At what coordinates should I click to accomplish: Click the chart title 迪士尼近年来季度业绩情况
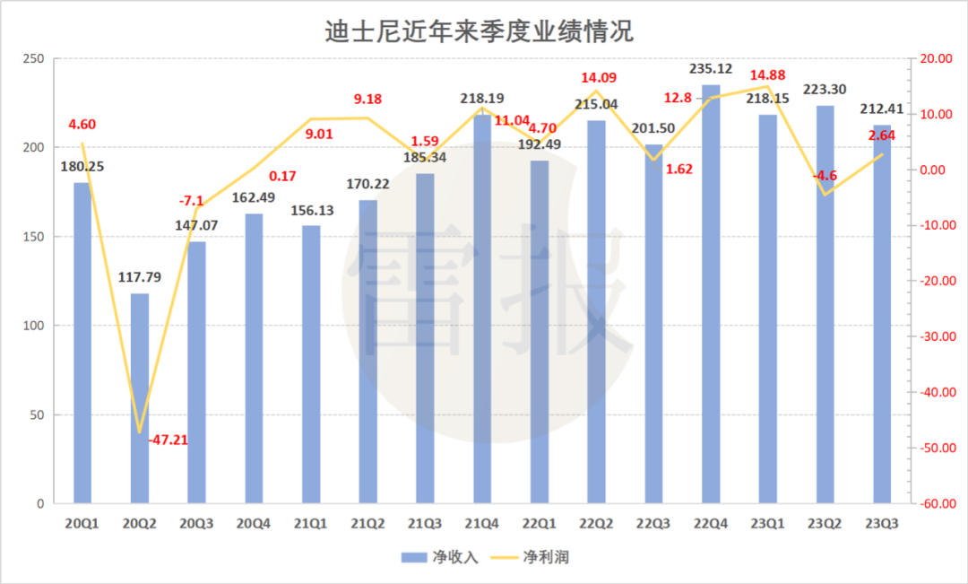(479, 31)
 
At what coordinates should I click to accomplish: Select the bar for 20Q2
(140, 398)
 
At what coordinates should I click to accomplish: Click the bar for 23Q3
(882, 314)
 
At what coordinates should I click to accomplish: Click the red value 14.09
(600, 78)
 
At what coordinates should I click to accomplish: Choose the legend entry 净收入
(440, 557)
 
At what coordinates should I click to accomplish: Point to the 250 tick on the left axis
(32, 59)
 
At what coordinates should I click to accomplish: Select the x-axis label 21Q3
(425, 523)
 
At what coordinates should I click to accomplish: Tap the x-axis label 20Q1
(82, 523)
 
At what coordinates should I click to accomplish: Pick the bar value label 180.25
(82, 166)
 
